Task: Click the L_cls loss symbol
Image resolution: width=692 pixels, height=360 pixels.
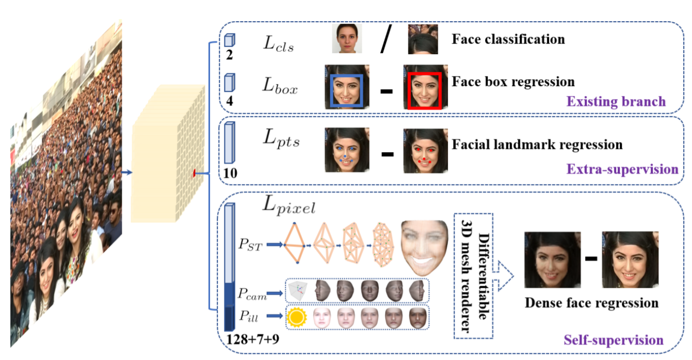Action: click(x=278, y=43)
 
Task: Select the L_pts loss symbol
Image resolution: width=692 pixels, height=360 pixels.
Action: click(x=281, y=139)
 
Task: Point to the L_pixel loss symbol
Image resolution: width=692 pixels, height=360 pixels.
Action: click(x=289, y=205)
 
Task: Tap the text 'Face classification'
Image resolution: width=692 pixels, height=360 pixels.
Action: click(x=508, y=39)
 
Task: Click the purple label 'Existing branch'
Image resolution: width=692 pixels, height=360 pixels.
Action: click(x=616, y=101)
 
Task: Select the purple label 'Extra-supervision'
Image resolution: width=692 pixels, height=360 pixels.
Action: click(x=622, y=169)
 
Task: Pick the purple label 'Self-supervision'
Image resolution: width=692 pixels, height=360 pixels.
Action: click(x=614, y=340)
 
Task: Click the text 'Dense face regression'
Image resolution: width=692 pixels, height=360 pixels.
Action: click(x=591, y=303)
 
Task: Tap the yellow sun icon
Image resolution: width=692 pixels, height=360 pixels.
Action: click(x=297, y=317)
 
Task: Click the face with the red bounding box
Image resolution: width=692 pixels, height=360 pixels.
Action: click(x=425, y=87)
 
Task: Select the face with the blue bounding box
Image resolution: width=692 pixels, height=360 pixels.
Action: click(x=347, y=87)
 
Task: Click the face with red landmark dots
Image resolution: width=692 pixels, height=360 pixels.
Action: click(x=425, y=151)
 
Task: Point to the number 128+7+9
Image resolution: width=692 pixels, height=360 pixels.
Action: click(x=253, y=339)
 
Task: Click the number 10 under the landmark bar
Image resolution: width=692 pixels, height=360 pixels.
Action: click(x=230, y=173)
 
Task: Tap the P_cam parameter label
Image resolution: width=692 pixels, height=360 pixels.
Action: click(x=252, y=293)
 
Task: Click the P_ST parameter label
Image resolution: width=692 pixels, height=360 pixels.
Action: click(x=250, y=244)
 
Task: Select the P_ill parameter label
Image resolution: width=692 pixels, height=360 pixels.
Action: click(x=249, y=316)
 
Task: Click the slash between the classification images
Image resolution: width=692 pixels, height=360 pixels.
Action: click(x=386, y=39)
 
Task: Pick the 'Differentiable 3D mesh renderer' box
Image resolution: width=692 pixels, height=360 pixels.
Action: click(x=473, y=276)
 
